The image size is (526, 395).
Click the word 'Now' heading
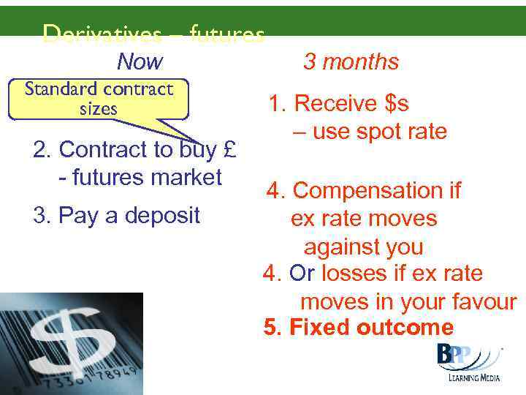click(140, 61)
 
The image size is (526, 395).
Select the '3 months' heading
click(351, 61)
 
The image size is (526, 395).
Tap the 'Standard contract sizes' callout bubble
click(99, 99)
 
